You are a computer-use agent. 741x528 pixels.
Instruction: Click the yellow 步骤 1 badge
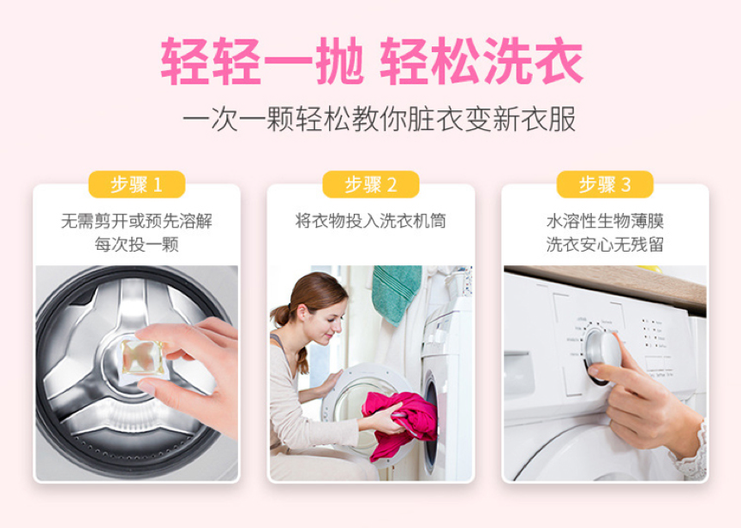point(136,184)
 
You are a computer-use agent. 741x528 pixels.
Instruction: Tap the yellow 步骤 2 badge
point(370,184)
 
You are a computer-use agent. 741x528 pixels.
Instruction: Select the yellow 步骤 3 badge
point(605,184)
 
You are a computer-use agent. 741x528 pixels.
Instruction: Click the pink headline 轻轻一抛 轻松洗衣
point(372,61)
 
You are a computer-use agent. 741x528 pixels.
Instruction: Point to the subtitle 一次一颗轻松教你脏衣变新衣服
point(379,119)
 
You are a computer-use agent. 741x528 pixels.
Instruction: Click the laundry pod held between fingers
point(141,358)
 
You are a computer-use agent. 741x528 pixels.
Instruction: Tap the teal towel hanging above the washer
point(396,294)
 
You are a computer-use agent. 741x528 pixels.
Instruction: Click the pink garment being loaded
point(399,423)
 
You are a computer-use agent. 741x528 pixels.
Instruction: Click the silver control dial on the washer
point(601,352)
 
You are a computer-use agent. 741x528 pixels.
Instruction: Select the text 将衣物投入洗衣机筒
point(370,221)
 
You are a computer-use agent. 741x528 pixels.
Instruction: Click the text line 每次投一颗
point(136,245)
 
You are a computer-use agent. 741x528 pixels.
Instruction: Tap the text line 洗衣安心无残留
point(605,245)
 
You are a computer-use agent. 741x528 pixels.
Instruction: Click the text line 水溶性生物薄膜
point(605,221)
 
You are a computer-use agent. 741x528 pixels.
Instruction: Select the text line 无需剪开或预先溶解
point(136,221)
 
